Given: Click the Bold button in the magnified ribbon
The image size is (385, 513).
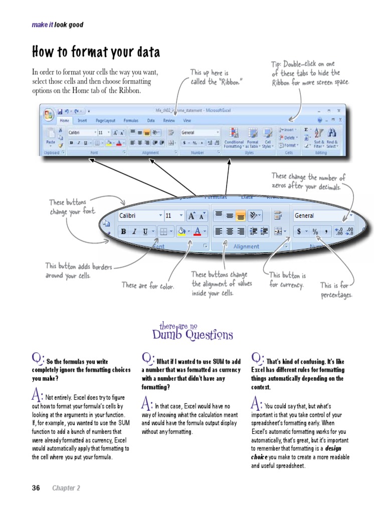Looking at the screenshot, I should (x=123, y=231).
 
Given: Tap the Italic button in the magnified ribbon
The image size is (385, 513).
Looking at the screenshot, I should (x=134, y=231).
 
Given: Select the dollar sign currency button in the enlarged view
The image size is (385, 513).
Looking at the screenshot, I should (x=299, y=231).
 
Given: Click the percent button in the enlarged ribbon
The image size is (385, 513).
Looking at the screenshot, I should (x=315, y=231).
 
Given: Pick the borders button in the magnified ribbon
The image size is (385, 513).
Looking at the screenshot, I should (x=163, y=231).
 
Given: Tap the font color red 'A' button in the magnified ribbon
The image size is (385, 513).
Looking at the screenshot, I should (x=198, y=231).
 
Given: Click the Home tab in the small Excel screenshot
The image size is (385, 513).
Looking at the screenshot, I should (x=64, y=121).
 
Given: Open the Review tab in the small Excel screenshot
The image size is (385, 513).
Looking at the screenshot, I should (x=169, y=121).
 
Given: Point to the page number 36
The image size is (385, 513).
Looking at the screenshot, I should (x=36, y=488).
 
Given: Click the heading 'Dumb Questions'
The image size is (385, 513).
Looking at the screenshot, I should (x=192, y=335).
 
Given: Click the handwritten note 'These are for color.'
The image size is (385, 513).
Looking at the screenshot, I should (x=147, y=286).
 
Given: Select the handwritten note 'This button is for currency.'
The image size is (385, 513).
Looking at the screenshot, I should (x=287, y=280).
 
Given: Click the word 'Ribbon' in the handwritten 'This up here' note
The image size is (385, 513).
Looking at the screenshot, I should (x=227, y=82).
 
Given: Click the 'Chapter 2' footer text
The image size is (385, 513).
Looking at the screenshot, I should (x=66, y=488).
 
